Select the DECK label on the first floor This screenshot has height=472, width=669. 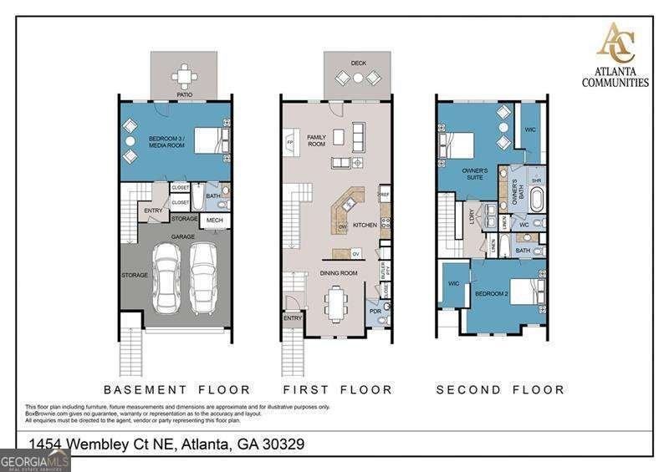(x=359, y=63)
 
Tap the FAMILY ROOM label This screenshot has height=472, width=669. (x=316, y=140)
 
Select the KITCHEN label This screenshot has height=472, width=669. (x=365, y=226)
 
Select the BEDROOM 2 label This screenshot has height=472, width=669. (x=492, y=294)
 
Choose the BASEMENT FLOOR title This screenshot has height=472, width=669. (x=176, y=389)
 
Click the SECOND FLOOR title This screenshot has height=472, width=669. (x=500, y=389)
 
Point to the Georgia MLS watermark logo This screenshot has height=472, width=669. (x=34, y=460)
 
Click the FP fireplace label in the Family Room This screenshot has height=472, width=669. (x=290, y=143)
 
